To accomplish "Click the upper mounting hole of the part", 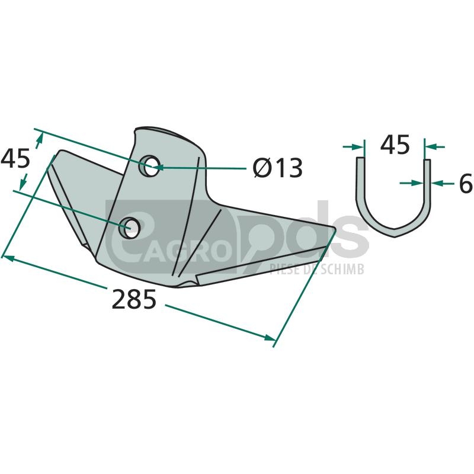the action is pyautogui.click(x=149, y=166).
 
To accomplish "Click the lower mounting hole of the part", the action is pyautogui.click(x=129, y=228).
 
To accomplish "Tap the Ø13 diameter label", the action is pyautogui.click(x=278, y=168).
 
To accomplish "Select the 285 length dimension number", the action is pyautogui.click(x=134, y=299).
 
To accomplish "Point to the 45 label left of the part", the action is pyautogui.click(x=15, y=158).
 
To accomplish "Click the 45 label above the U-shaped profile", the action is pyautogui.click(x=395, y=145).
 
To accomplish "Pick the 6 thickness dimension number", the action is pyautogui.click(x=466, y=183).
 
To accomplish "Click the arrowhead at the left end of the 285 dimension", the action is pyautogui.click(x=7, y=258).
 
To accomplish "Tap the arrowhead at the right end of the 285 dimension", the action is pyautogui.click(x=270, y=337).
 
